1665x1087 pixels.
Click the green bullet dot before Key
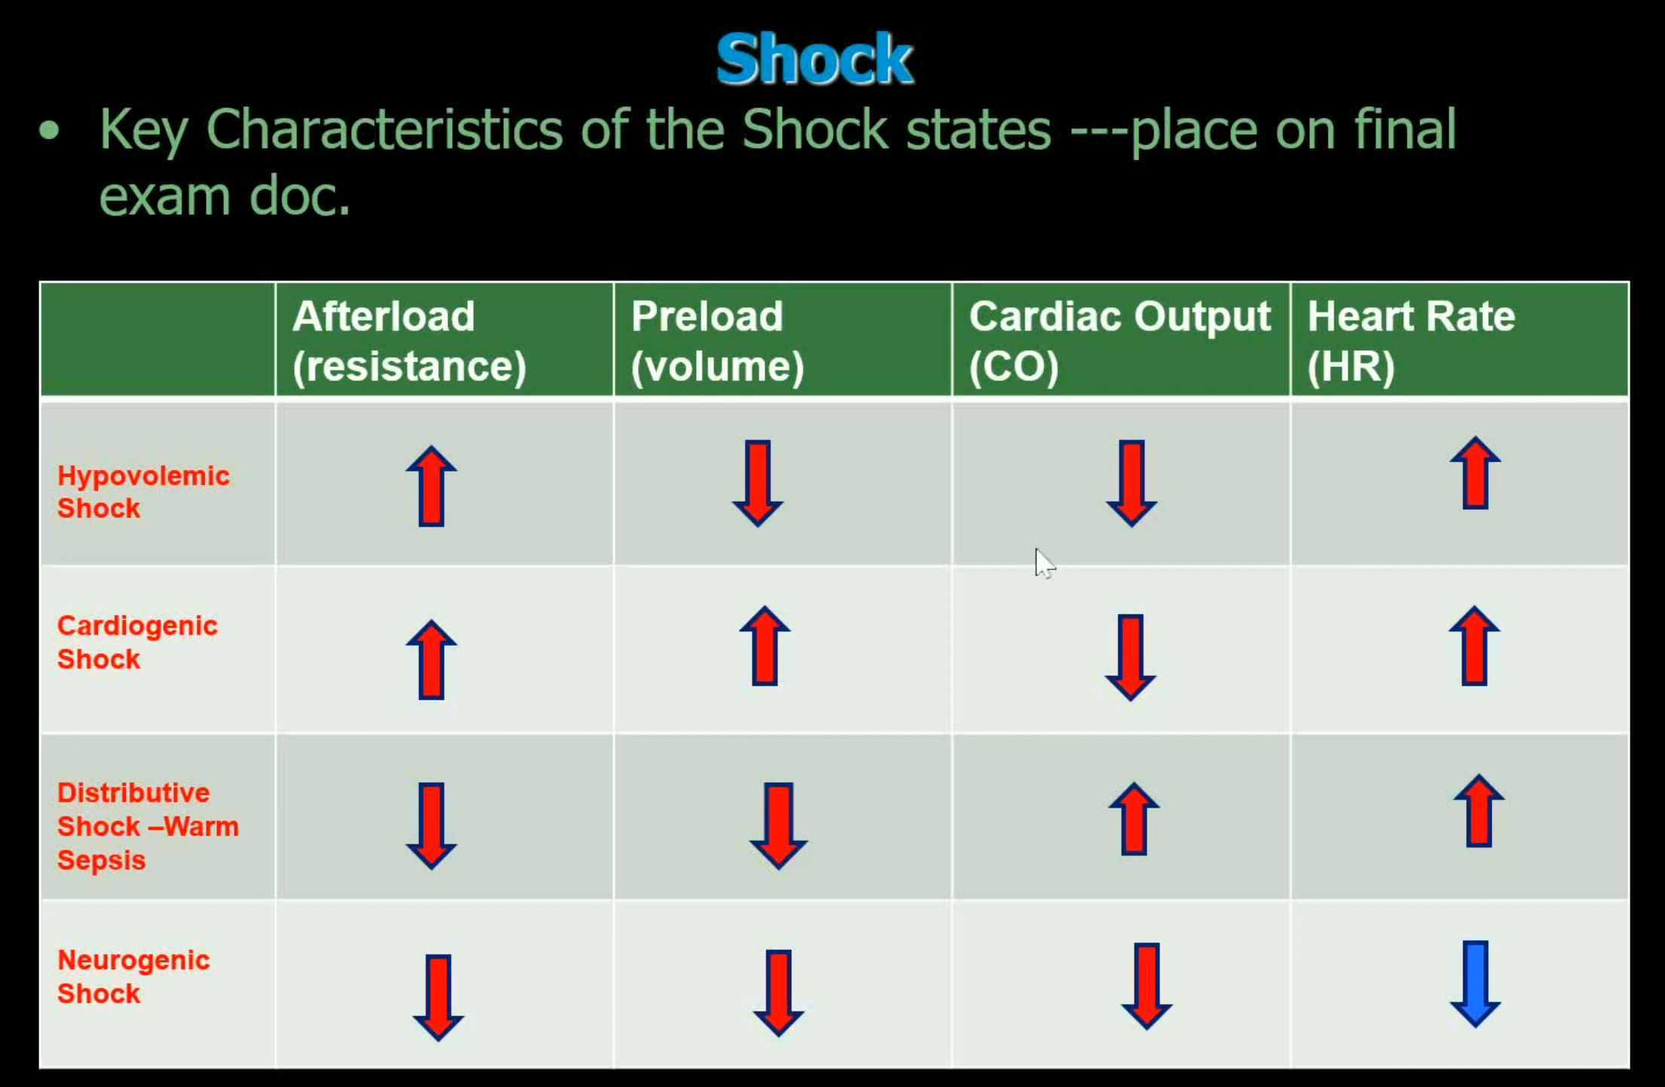49,131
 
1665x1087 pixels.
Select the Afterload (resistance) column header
409,340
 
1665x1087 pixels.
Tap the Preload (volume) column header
717,340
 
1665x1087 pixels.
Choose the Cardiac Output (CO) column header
1120,340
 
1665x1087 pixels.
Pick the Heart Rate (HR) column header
1411,340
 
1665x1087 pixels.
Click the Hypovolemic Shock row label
143,492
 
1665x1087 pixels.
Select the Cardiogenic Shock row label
137,643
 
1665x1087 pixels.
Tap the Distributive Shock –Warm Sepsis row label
148,826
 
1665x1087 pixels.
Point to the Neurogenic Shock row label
133,977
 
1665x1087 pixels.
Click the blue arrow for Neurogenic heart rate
1475,984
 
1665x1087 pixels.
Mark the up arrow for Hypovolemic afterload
431,486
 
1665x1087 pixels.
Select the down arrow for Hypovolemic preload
757,483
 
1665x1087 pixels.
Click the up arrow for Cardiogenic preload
765,646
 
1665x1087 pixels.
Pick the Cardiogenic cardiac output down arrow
1130,658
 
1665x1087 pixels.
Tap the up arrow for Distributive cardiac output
1134,819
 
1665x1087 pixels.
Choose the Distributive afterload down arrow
431,826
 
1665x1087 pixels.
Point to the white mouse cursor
1045,563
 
